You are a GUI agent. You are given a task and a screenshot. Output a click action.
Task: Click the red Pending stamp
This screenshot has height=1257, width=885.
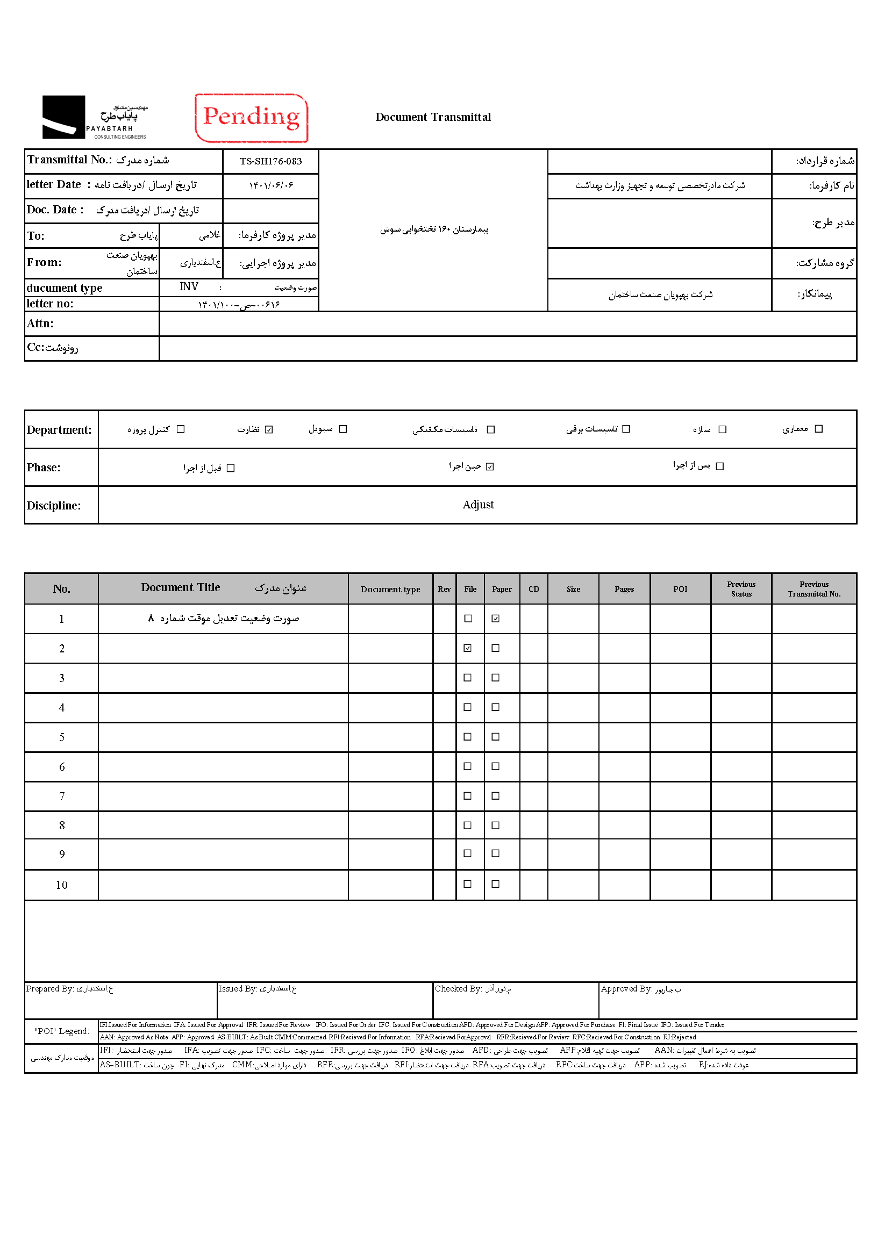[252, 118]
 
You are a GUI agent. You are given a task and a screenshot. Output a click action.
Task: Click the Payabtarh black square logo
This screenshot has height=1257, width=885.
[63, 117]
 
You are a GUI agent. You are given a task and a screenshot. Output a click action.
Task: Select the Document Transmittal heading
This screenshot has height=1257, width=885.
[433, 117]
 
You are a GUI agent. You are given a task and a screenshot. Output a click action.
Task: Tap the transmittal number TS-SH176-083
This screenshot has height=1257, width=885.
[270, 162]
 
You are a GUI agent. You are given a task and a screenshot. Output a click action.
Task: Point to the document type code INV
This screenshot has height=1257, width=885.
[189, 287]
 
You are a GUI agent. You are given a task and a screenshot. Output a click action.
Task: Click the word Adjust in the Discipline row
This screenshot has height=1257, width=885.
[477, 505]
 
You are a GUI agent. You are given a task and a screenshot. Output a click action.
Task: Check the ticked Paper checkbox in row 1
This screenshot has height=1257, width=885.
[496, 619]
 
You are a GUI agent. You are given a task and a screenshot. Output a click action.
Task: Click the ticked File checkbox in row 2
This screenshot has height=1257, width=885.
[468, 648]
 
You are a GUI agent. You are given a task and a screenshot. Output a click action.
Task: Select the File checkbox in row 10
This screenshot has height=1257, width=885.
[468, 884]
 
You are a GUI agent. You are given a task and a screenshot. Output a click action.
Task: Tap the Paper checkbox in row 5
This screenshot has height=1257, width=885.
[496, 737]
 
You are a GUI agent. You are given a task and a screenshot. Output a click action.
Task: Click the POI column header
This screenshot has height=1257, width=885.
[680, 589]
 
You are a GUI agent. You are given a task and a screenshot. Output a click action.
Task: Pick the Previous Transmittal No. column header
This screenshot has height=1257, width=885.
[814, 589]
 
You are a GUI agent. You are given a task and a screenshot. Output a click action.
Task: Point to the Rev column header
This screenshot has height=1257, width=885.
[444, 589]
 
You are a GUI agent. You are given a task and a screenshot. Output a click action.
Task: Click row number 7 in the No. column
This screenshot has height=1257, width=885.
[62, 796]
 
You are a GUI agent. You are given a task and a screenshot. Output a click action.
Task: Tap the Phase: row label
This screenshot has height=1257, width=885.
[44, 468]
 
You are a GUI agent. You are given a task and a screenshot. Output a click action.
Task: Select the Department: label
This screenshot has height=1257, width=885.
[59, 430]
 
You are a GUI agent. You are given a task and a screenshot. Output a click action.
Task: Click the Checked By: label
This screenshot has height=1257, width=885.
[459, 989]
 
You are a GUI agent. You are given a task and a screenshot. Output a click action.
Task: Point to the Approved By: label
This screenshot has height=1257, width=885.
[626, 989]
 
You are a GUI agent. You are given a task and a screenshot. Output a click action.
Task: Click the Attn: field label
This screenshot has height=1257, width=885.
[40, 324]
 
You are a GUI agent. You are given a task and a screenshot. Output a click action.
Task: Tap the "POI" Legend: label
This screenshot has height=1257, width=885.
[62, 1031]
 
